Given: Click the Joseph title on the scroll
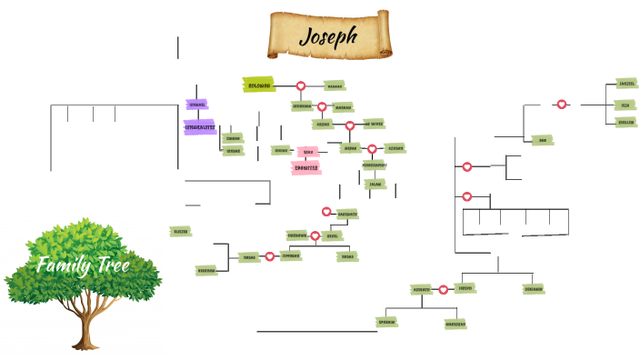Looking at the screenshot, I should [328, 37].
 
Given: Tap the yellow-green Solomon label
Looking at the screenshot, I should [259, 85].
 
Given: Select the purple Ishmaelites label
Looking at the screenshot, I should [199, 127].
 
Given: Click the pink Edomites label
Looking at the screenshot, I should [306, 167].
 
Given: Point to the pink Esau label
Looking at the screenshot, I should [308, 151].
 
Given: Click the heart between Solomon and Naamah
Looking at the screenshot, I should [300, 85].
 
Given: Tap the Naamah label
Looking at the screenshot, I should [335, 85].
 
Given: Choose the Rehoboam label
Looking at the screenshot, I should [302, 106].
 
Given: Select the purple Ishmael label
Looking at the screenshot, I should [197, 105].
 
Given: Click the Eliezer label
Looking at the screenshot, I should [180, 232].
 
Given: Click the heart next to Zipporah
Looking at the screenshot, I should [270, 256].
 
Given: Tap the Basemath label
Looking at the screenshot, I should [346, 214].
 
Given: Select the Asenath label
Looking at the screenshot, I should [421, 289].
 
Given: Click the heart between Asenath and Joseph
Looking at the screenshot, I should [443, 289].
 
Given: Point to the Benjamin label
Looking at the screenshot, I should [534, 289].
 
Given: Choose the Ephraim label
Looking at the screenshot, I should [386, 321].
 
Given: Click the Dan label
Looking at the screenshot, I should [542, 140].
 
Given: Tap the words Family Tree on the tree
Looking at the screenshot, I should [83, 265].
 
